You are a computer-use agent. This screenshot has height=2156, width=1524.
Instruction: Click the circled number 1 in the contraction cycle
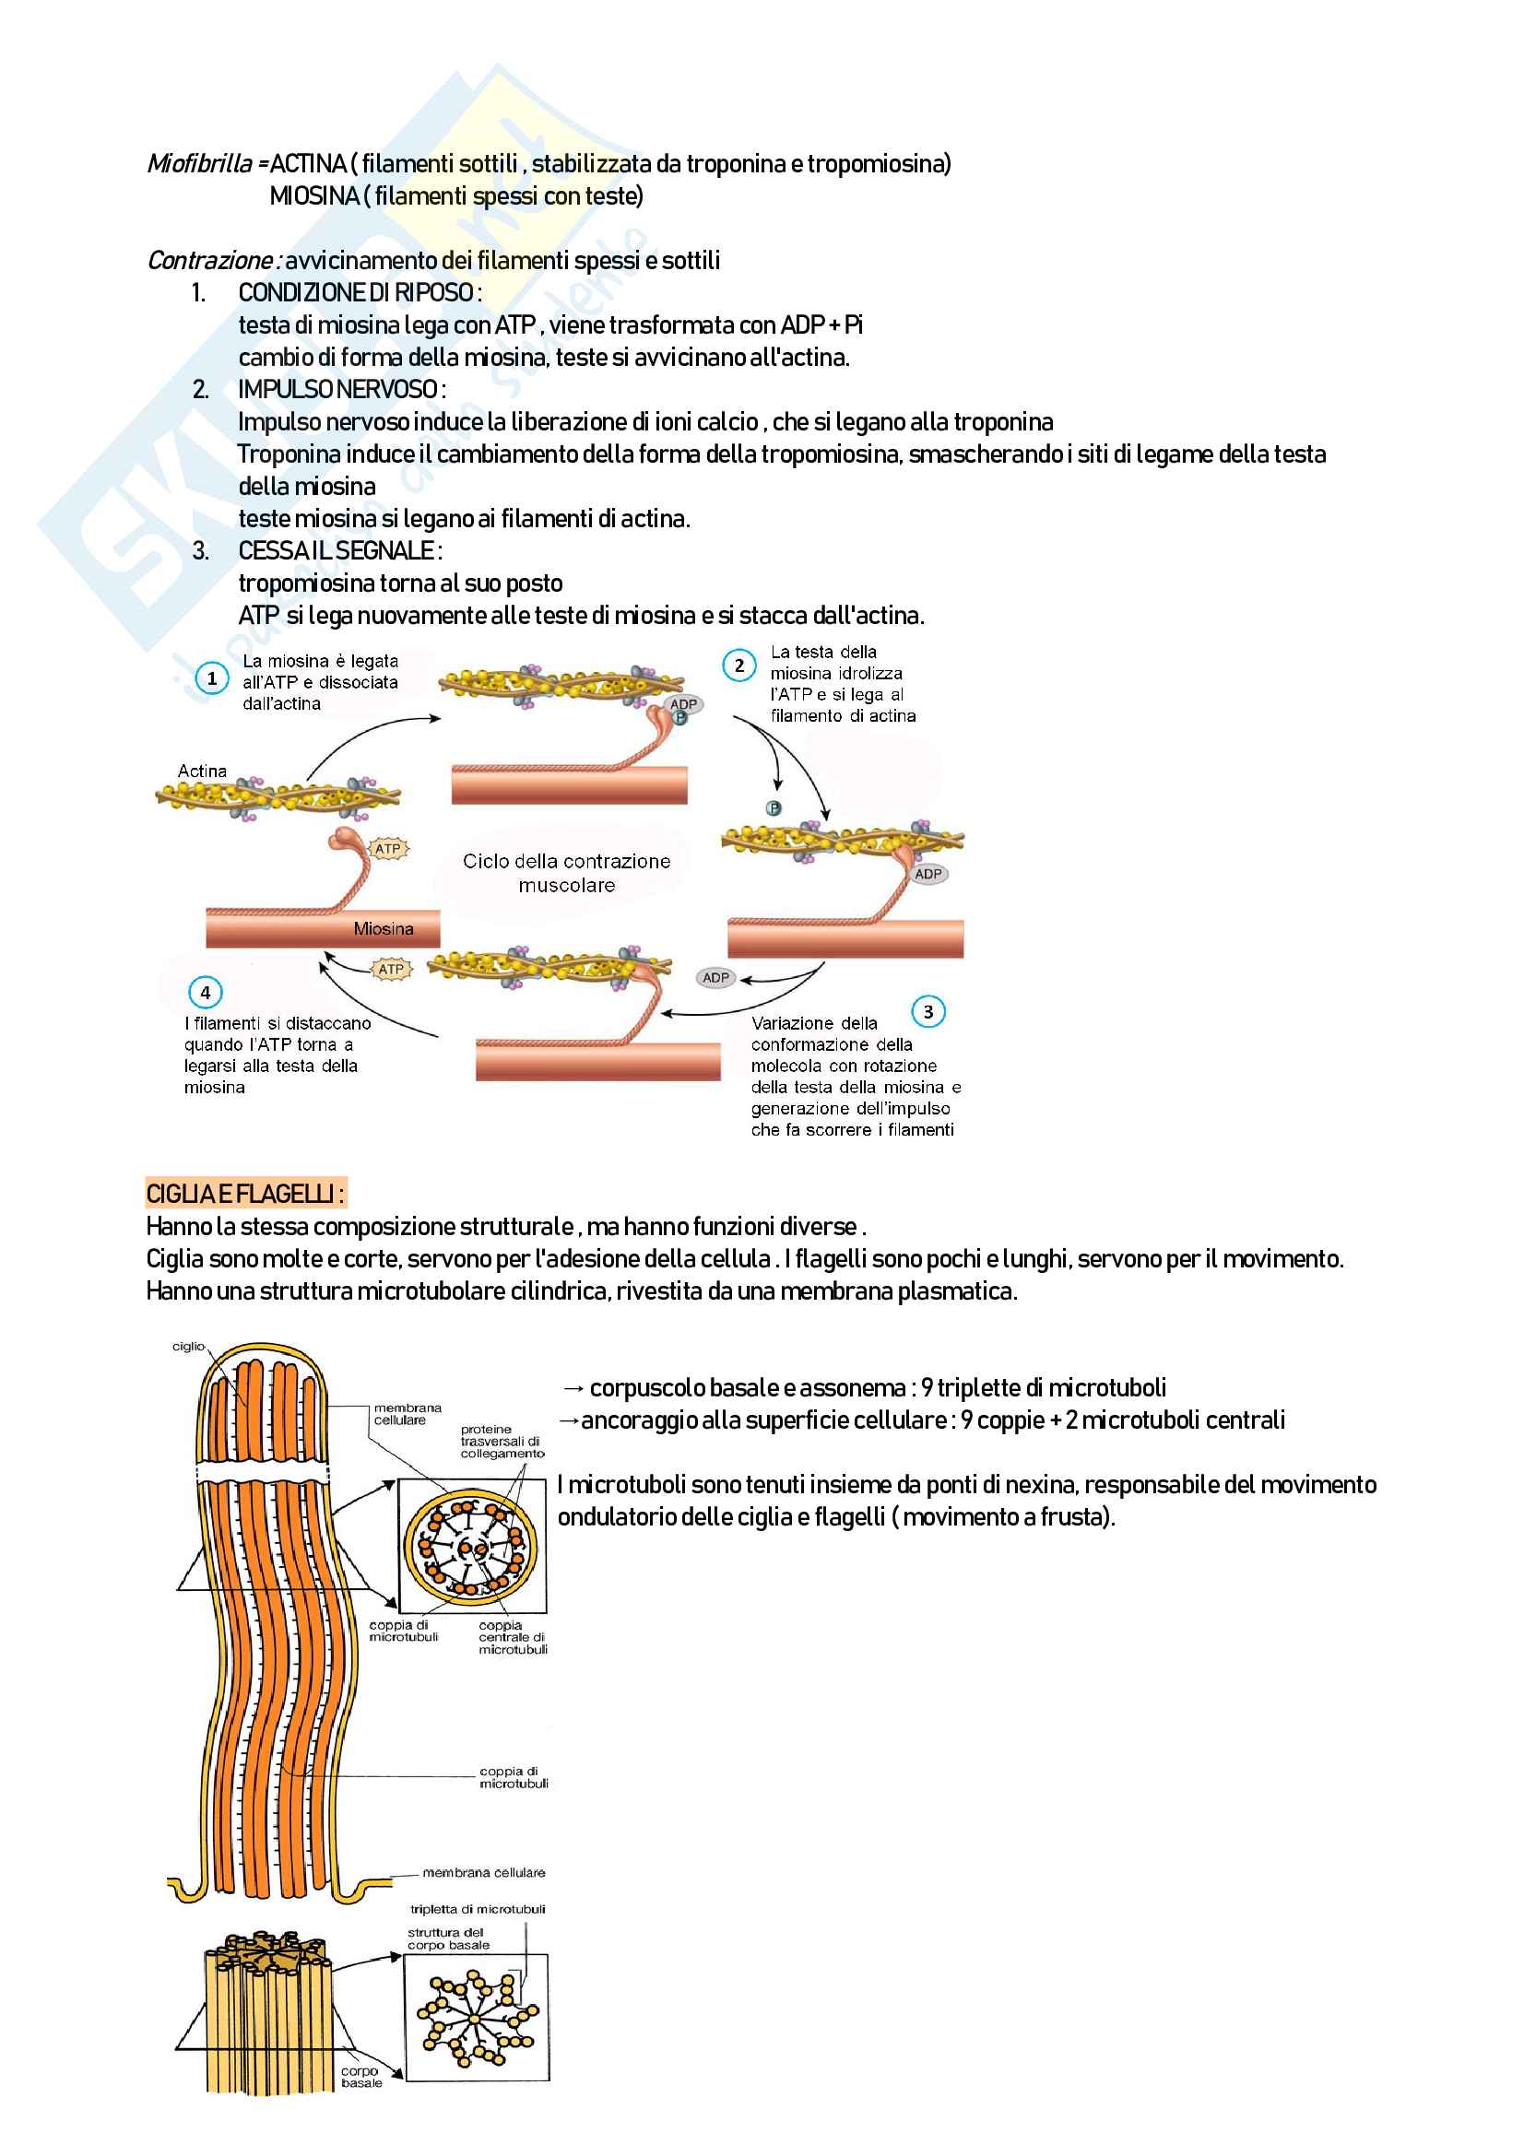pos(211,678)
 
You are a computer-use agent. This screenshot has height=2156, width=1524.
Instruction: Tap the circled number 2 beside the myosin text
pos(739,666)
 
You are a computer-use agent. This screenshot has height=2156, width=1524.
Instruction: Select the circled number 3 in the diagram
pos(927,1011)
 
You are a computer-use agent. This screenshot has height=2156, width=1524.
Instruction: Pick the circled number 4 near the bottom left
pos(205,993)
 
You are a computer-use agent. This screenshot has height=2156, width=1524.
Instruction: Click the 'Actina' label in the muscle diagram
pos(202,771)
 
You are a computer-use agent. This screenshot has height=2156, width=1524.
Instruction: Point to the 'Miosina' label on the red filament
pos(384,929)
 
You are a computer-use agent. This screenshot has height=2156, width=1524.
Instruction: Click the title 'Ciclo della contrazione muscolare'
pos(566,872)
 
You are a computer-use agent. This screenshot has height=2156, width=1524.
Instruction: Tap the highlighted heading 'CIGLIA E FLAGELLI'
pos(244,1194)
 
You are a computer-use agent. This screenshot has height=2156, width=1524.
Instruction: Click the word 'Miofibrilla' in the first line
pos(200,164)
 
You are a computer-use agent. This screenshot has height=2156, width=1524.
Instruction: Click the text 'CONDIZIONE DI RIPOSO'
pos(356,293)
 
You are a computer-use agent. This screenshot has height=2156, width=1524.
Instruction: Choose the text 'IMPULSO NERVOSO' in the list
pos(338,389)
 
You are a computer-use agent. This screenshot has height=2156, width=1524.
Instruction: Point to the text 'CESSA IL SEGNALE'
pos(337,550)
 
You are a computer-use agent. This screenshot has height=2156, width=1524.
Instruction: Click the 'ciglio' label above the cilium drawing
pos(188,1346)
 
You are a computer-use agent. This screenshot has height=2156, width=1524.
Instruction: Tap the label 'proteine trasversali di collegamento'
pos(502,1442)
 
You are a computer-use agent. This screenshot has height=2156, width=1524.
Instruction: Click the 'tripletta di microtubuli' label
pos(477,1909)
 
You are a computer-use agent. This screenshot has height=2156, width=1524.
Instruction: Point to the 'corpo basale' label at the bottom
pos(360,2076)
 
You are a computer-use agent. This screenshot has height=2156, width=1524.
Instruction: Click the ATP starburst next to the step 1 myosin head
pos(388,849)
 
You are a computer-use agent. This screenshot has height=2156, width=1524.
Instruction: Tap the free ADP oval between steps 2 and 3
pos(715,977)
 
